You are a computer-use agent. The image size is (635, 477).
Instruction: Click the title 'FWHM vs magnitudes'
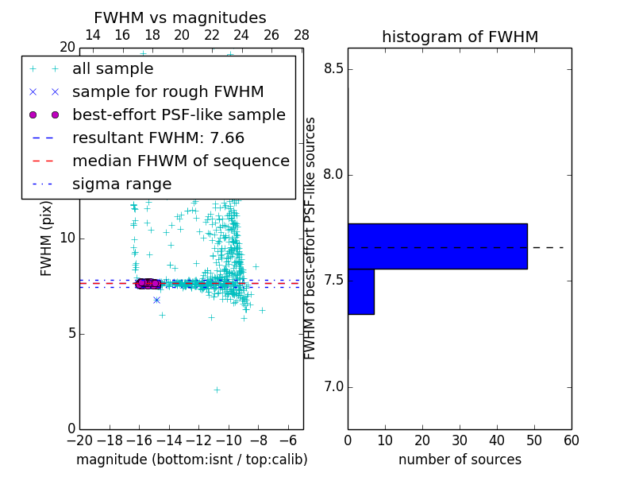[x=180, y=18]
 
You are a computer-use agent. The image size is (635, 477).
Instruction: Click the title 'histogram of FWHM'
[x=460, y=37]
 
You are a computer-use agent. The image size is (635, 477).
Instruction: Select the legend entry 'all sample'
[x=113, y=69]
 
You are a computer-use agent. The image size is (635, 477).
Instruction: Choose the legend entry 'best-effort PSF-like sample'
[x=179, y=115]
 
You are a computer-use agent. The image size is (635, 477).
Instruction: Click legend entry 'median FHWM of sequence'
[x=180, y=161]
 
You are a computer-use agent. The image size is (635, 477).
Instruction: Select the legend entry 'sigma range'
[x=121, y=184]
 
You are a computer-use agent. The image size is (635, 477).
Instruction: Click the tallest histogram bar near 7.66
[x=437, y=246]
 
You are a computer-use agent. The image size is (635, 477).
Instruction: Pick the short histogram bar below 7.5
[x=360, y=292]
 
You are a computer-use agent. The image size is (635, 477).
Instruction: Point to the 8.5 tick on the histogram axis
[x=334, y=69]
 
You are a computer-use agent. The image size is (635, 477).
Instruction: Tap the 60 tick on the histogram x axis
[x=571, y=440]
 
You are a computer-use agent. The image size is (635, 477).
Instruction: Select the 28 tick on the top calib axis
[x=302, y=35]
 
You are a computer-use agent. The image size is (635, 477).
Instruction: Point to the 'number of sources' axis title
[x=460, y=460]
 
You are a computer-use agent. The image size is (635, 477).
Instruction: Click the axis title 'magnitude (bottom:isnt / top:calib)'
[x=191, y=460]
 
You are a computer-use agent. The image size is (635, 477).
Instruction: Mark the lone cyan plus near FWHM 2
[x=217, y=390]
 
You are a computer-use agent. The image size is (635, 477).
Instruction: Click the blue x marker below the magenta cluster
[x=156, y=300]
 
